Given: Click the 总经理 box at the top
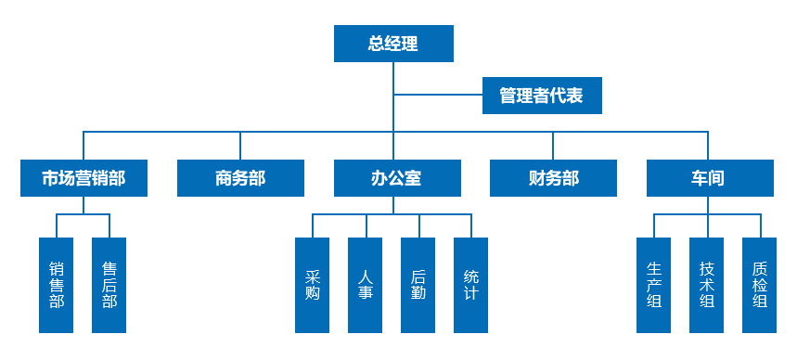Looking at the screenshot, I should [x=393, y=44].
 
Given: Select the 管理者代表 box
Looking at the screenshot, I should [x=542, y=96].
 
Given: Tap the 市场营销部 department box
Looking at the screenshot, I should [x=84, y=178].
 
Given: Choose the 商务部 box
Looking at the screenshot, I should [x=240, y=178].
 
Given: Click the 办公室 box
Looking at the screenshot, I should [x=397, y=178].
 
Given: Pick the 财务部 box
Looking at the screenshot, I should [x=553, y=178].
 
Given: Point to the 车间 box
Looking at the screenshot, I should [x=710, y=178].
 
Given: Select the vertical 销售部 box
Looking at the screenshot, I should [x=56, y=285].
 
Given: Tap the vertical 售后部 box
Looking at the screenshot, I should [x=109, y=285].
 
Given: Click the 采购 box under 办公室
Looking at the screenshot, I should [x=312, y=285].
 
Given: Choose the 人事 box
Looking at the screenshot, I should [x=365, y=285].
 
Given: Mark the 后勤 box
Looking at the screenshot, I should [x=418, y=285].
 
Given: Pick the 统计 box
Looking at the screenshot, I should [x=470, y=285].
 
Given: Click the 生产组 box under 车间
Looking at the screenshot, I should [x=653, y=285].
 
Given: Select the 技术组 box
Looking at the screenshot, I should [x=706, y=285].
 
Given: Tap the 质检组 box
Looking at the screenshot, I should [x=759, y=285].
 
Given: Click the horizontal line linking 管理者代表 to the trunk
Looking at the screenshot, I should [x=438, y=96].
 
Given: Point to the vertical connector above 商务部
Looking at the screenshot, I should [x=240, y=146].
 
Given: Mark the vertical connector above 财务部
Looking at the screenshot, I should [x=553, y=146].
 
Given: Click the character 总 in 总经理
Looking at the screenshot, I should [x=376, y=44].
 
